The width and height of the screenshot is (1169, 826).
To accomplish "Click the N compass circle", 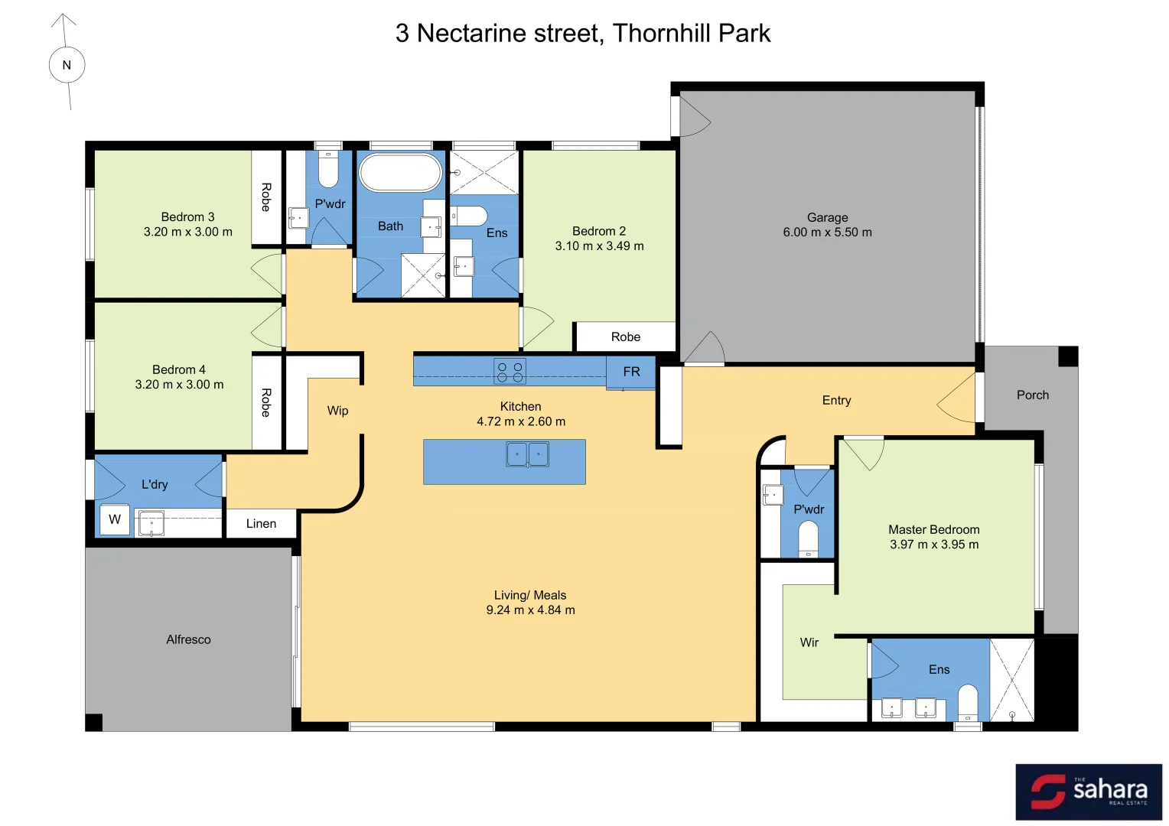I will click(x=67, y=65).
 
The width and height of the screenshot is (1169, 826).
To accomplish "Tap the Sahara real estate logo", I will click(x=1088, y=792).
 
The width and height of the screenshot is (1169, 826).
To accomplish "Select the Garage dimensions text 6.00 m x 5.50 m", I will click(x=827, y=233).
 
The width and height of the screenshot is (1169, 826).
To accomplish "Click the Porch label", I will click(x=1032, y=395).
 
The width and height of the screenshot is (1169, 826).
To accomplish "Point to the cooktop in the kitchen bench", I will click(x=510, y=372).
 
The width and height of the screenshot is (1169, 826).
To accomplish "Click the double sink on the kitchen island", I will click(x=527, y=454).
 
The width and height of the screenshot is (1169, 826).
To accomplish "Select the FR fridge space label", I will click(x=631, y=372).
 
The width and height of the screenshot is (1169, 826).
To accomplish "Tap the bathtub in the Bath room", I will click(x=400, y=173).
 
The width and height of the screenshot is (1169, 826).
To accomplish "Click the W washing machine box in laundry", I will click(x=115, y=520).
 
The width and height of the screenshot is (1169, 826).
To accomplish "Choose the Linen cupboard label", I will click(x=261, y=524).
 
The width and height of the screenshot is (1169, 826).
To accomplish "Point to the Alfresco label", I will click(x=188, y=639).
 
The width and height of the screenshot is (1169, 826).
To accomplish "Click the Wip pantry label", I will click(x=337, y=411).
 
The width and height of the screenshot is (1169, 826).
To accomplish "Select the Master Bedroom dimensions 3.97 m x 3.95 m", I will click(x=933, y=545).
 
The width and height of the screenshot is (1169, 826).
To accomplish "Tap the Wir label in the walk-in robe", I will click(x=809, y=642).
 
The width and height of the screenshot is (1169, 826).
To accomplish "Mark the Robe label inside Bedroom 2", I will click(x=625, y=337).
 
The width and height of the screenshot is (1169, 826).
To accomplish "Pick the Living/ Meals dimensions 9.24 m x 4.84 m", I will click(x=530, y=610).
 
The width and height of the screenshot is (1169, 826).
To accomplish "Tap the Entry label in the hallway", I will click(x=836, y=401).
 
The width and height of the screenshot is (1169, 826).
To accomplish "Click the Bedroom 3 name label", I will click(x=187, y=217).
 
